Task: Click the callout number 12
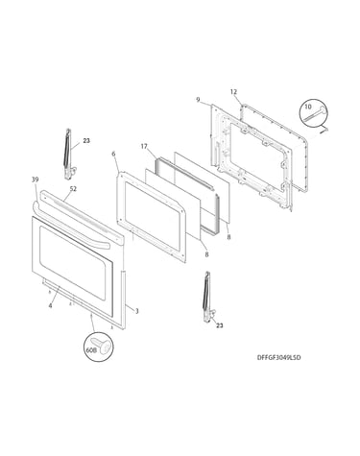233,92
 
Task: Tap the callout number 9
198,100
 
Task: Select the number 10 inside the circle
308,107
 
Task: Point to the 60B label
91,350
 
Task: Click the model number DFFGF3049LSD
278,358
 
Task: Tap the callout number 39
35,180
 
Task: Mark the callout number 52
73,189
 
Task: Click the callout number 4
50,305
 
